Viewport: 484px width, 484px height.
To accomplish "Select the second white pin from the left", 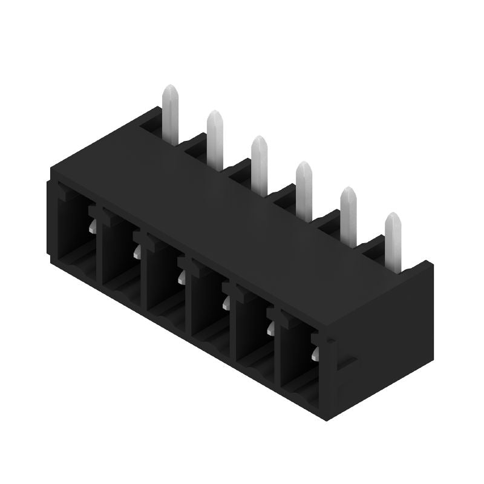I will tap(215, 136).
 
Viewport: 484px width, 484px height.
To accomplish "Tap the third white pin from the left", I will tap(260, 160).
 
